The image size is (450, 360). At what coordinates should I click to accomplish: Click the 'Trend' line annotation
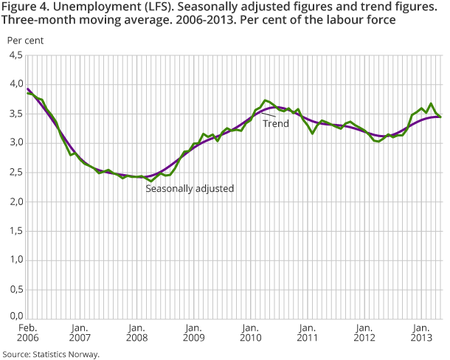click(x=276, y=123)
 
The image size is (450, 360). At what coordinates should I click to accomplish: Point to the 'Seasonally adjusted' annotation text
click(x=190, y=189)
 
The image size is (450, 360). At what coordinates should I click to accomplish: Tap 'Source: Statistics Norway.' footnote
click(x=50, y=354)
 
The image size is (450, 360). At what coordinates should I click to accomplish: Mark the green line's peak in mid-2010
click(x=266, y=100)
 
